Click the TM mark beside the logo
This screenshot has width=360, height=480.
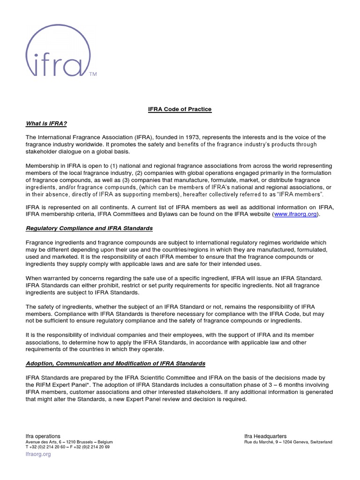point(93,74)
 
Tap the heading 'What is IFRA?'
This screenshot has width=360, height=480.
point(46,123)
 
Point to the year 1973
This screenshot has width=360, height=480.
point(195,137)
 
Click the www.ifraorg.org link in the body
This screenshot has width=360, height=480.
point(296,214)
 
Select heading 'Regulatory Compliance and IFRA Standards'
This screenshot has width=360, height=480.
point(89,228)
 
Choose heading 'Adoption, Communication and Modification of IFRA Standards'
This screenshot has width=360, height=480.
point(115,364)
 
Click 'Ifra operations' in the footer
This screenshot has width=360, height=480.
point(43,436)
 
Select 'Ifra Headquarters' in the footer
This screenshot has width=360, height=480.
point(265,436)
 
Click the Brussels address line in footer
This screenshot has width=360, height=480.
point(69,442)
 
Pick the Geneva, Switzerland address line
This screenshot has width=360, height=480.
point(288,442)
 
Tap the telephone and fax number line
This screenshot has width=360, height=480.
point(67,447)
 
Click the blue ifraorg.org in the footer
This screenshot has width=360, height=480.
point(38,454)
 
